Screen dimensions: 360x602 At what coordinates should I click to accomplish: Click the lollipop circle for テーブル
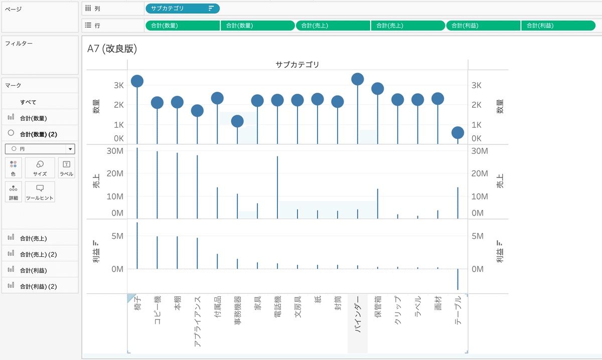coord(458,132)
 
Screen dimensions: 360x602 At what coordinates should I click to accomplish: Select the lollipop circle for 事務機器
coord(237,121)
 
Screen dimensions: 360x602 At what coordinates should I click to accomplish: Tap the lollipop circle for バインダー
coord(358,79)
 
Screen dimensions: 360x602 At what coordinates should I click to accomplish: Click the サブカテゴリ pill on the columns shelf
coord(182,9)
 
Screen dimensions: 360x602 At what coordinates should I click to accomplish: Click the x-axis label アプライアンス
coord(197,321)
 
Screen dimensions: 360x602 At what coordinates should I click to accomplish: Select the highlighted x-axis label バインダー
coord(358,311)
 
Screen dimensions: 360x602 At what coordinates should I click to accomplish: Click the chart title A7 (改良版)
coord(112,49)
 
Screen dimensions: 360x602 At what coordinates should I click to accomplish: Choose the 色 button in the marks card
coord(13,168)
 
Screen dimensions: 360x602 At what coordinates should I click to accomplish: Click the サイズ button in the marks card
coord(40,168)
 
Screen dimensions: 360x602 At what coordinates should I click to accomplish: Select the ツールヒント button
coord(40,192)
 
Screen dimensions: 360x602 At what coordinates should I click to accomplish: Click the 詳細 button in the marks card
coord(13,192)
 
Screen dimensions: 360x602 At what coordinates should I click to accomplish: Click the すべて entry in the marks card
coord(28,102)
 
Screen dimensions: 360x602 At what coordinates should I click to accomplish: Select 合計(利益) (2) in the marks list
coord(38,286)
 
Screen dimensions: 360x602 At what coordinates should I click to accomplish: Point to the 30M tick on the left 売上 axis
coord(114,150)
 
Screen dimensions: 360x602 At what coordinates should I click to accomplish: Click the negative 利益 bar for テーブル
coord(458,279)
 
